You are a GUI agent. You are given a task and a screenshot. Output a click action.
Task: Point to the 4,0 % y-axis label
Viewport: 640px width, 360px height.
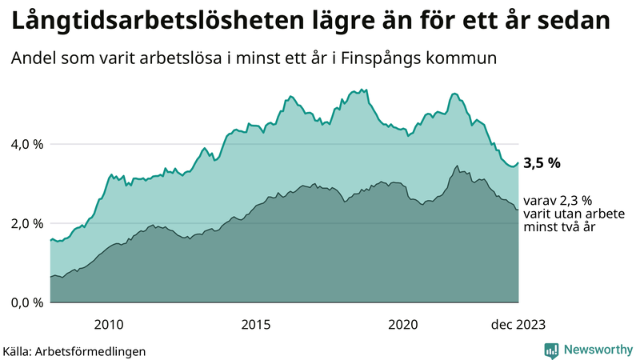[26, 144]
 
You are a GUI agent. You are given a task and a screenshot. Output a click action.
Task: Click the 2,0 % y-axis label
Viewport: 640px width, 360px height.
[26, 223]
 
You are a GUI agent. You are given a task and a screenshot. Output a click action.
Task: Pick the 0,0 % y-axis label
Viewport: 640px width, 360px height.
[26, 302]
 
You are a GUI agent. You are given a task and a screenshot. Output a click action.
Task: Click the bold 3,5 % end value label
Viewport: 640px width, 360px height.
[542, 162]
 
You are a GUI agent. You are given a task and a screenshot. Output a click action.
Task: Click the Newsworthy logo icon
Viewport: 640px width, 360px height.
[551, 350]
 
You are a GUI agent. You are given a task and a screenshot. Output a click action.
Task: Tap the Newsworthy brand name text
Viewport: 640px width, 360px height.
[596, 350]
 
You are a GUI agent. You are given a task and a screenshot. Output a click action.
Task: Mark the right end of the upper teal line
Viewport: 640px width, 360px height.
[518, 163]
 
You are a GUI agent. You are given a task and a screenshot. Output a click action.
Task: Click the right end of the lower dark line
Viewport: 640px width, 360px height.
[518, 210]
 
